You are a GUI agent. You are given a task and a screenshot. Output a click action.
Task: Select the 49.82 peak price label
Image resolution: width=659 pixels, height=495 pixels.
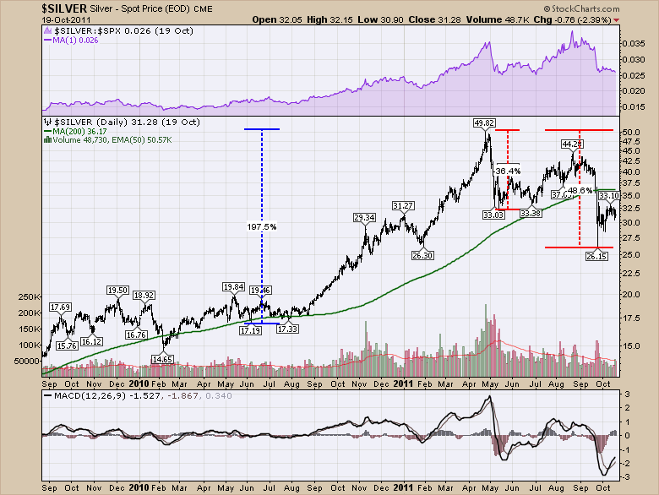tap(484, 123)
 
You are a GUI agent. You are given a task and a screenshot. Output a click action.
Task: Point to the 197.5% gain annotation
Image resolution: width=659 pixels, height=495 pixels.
tap(261, 226)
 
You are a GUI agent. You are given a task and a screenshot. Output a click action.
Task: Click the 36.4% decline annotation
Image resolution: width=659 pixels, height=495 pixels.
tap(506, 171)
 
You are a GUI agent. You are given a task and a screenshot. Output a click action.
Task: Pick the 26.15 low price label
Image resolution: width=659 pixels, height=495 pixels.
tap(597, 255)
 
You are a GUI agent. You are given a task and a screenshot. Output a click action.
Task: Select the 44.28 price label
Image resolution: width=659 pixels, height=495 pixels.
tap(573, 144)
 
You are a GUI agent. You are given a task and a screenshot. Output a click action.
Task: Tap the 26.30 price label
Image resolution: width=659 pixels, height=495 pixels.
tap(422, 255)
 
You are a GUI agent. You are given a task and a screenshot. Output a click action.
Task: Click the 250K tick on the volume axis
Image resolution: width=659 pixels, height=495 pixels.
tap(29, 297)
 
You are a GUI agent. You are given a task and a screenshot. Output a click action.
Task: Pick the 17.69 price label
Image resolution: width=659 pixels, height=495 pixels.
tap(60, 307)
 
